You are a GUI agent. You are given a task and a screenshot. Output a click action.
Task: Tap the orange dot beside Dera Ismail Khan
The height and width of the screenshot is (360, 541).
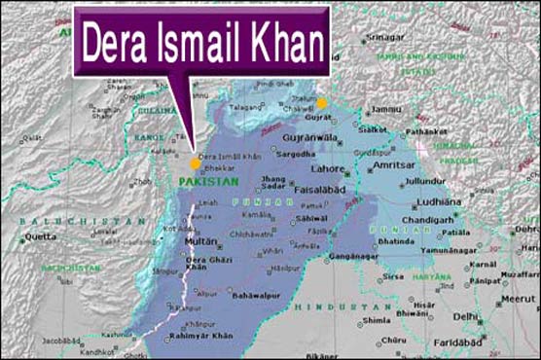point(196,163)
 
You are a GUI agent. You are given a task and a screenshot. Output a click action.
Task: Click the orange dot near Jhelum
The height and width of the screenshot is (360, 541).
point(322,102)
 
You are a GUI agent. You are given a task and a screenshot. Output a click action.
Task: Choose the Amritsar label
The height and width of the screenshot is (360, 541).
point(393,167)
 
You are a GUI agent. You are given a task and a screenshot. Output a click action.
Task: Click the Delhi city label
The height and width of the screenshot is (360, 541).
point(466,316)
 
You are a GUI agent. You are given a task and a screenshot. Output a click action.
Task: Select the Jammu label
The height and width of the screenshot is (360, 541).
point(386,109)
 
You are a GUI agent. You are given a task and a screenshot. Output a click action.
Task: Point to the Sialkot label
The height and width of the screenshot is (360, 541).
point(373,128)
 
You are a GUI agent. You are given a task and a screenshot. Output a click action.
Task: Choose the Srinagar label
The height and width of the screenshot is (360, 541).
point(383,37)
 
